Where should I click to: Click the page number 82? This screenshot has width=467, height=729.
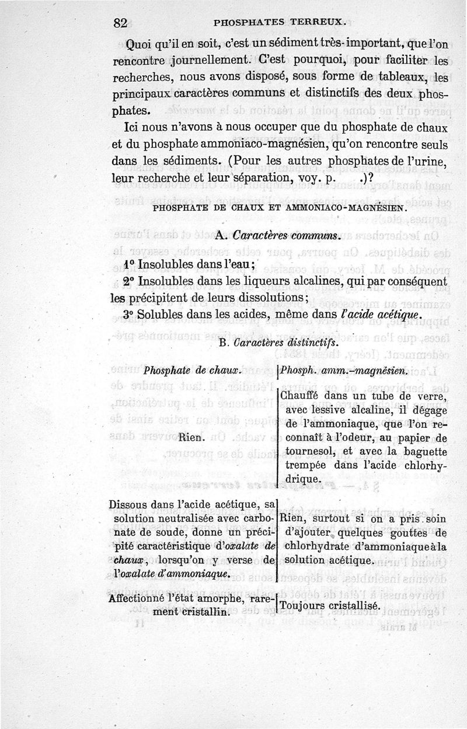(121, 23)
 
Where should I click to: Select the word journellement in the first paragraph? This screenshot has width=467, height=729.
(199, 60)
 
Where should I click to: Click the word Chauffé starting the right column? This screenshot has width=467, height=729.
(302, 396)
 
